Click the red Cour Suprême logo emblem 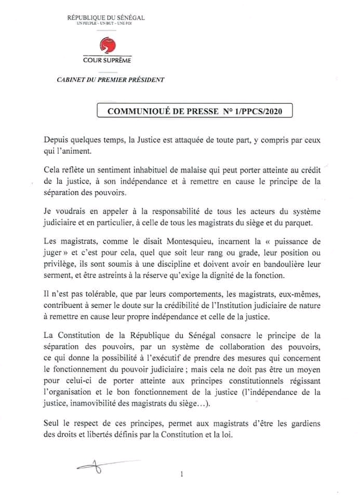click(x=106, y=47)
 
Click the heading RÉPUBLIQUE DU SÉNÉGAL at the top click(x=106, y=19)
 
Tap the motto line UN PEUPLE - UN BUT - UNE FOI click(x=106, y=25)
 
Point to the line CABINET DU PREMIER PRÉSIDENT click(x=110, y=80)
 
